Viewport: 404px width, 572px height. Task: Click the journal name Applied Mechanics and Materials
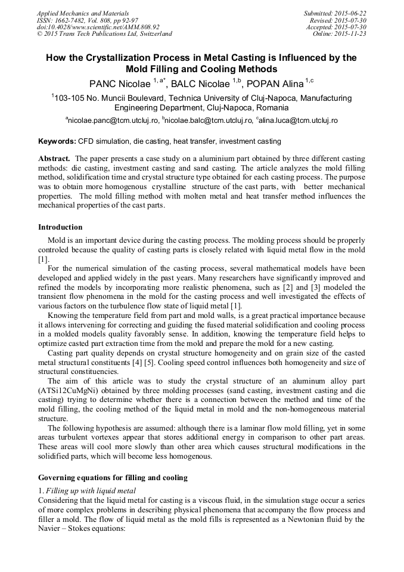coord(82,13)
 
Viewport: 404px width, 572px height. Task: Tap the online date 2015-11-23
coord(350,34)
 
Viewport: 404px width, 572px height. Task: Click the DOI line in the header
coord(98,27)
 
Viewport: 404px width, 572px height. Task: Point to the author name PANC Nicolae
coord(120,82)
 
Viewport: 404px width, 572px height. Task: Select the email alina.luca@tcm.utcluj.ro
coord(299,120)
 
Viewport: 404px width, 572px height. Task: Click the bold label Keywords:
coord(57,142)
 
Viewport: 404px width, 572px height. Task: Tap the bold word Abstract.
coord(54,159)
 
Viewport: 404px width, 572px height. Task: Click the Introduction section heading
coord(60,227)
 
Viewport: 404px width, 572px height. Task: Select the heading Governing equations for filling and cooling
coord(113,477)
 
